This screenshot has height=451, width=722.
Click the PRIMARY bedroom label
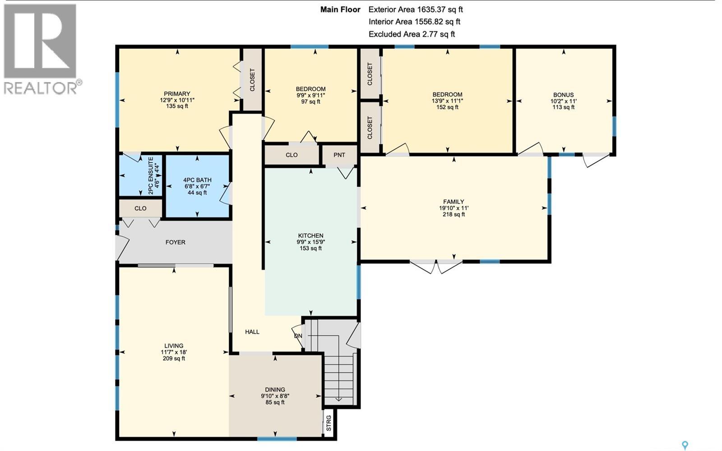coord(177,94)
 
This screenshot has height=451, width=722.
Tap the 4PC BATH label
coord(197,180)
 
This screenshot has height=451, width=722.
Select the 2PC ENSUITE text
coord(151,175)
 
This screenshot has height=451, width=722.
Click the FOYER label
coord(175,242)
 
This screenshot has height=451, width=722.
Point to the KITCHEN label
coord(310,235)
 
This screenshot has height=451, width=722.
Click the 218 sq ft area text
coord(454,215)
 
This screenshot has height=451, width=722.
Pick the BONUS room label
coord(563,95)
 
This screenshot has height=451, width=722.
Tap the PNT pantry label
coord(339,155)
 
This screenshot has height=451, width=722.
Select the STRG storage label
coord(329,423)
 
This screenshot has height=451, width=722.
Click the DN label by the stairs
coord(298,336)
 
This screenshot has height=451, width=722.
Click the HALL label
coord(252,331)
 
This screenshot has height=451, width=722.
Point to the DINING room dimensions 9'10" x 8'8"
coord(275,396)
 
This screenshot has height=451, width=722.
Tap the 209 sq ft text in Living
coord(174,359)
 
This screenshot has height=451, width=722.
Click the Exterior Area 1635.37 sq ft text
coord(415,9)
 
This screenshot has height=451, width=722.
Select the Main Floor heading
coord(340,9)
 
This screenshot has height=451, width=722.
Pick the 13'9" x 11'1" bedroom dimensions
coord(447,101)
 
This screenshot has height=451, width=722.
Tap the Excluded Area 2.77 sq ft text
coord(412,34)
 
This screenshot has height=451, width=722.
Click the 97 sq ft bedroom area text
coord(310,101)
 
